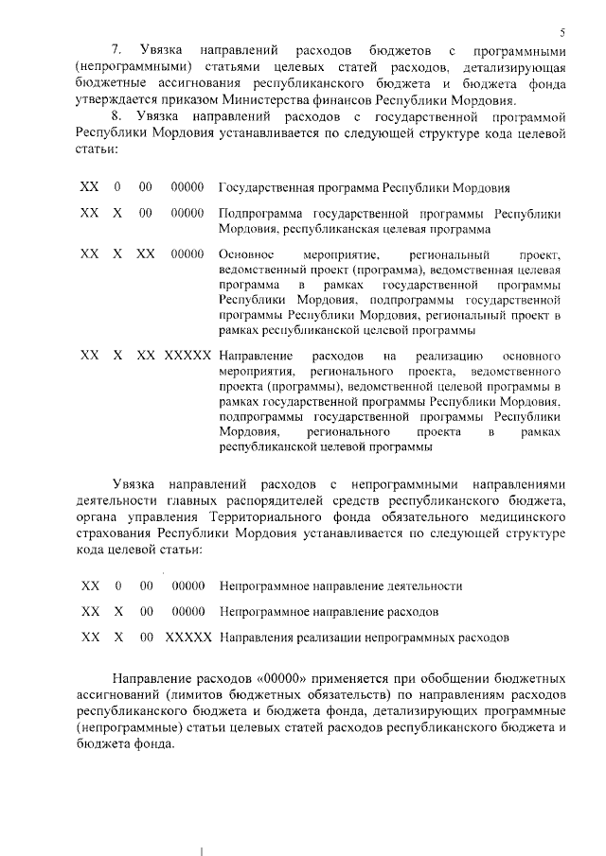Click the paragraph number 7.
coord(116,47)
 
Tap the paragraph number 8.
coord(116,115)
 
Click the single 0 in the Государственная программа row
coord(116,186)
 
